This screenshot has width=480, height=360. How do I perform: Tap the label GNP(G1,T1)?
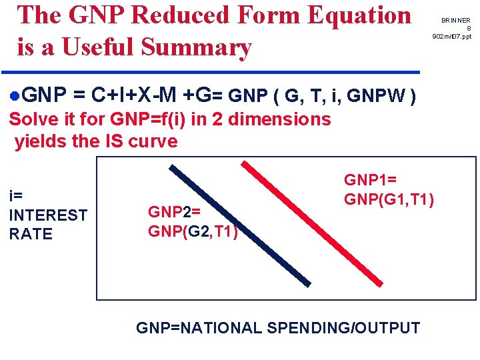pyautogui.click(x=389, y=199)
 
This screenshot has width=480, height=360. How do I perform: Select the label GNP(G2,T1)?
pyautogui.click(x=193, y=231)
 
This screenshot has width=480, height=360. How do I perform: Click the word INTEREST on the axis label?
pyautogui.click(x=47, y=215)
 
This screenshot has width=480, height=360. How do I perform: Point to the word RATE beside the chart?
pyautogui.click(x=31, y=234)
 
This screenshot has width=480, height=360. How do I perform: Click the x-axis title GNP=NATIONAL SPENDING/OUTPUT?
pyautogui.click(x=278, y=328)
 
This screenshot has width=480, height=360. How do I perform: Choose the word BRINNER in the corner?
pyautogui.click(x=455, y=21)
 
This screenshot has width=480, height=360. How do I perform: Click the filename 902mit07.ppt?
pyautogui.click(x=451, y=36)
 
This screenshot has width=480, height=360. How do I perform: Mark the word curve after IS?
pyautogui.click(x=155, y=141)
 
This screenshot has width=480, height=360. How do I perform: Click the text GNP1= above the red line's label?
pyautogui.click(x=369, y=180)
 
